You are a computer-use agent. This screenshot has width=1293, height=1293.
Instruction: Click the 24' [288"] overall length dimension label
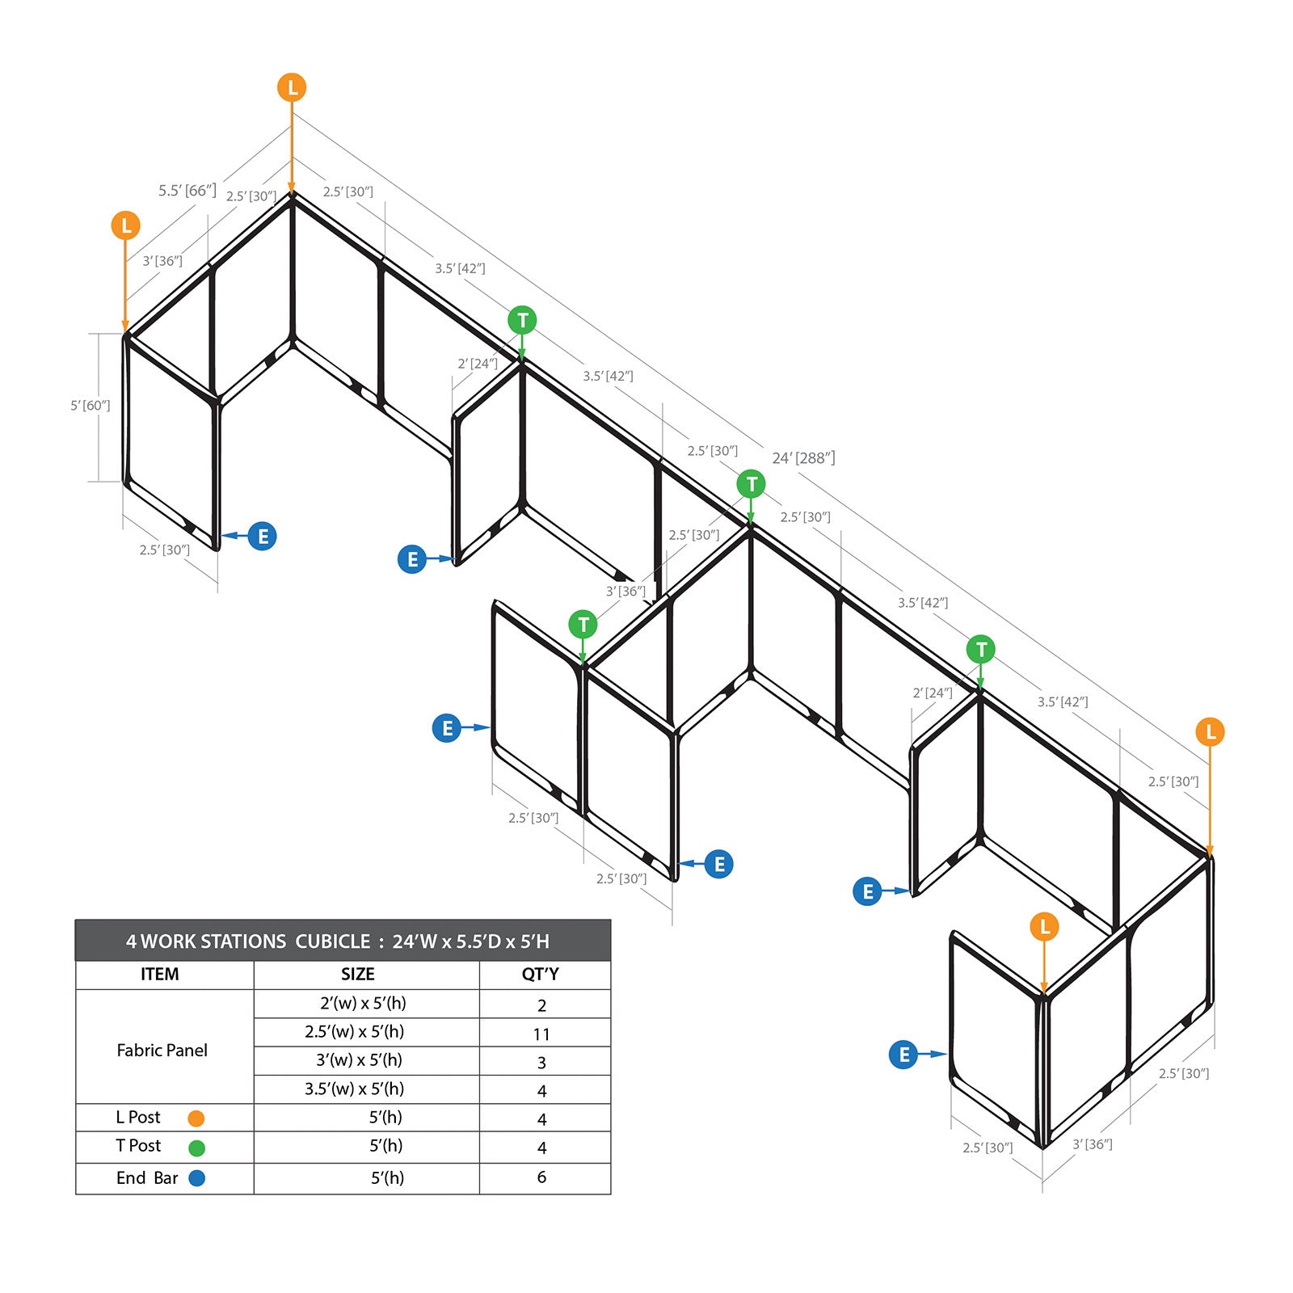point(803,458)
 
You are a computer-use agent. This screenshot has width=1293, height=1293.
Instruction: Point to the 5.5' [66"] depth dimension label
point(187,191)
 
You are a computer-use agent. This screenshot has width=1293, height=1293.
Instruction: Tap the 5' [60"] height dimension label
point(90,405)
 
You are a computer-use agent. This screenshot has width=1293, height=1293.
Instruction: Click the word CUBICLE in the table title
point(332,941)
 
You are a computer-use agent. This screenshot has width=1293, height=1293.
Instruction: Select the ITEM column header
point(160,974)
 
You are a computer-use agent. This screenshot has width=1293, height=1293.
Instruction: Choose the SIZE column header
point(357,974)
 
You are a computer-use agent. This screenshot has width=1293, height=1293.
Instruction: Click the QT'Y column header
point(541,974)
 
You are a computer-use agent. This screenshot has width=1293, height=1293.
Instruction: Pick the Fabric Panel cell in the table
point(162,1050)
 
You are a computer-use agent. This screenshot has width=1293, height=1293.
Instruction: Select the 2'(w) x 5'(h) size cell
point(363,1003)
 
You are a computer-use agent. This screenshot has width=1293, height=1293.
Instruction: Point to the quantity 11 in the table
point(541,1034)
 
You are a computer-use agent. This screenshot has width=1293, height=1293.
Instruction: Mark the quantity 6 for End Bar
point(541,1177)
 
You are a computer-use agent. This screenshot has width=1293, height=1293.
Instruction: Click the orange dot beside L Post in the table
point(196,1118)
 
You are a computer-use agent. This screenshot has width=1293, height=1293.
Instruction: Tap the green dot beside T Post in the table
point(196,1148)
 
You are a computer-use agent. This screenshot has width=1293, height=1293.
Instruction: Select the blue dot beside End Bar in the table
point(196,1178)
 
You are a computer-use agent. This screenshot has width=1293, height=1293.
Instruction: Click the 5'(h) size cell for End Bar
point(387,1177)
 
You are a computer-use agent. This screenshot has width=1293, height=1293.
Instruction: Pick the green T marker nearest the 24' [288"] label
point(751,484)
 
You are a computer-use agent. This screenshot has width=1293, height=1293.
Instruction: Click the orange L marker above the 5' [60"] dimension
point(126,225)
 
